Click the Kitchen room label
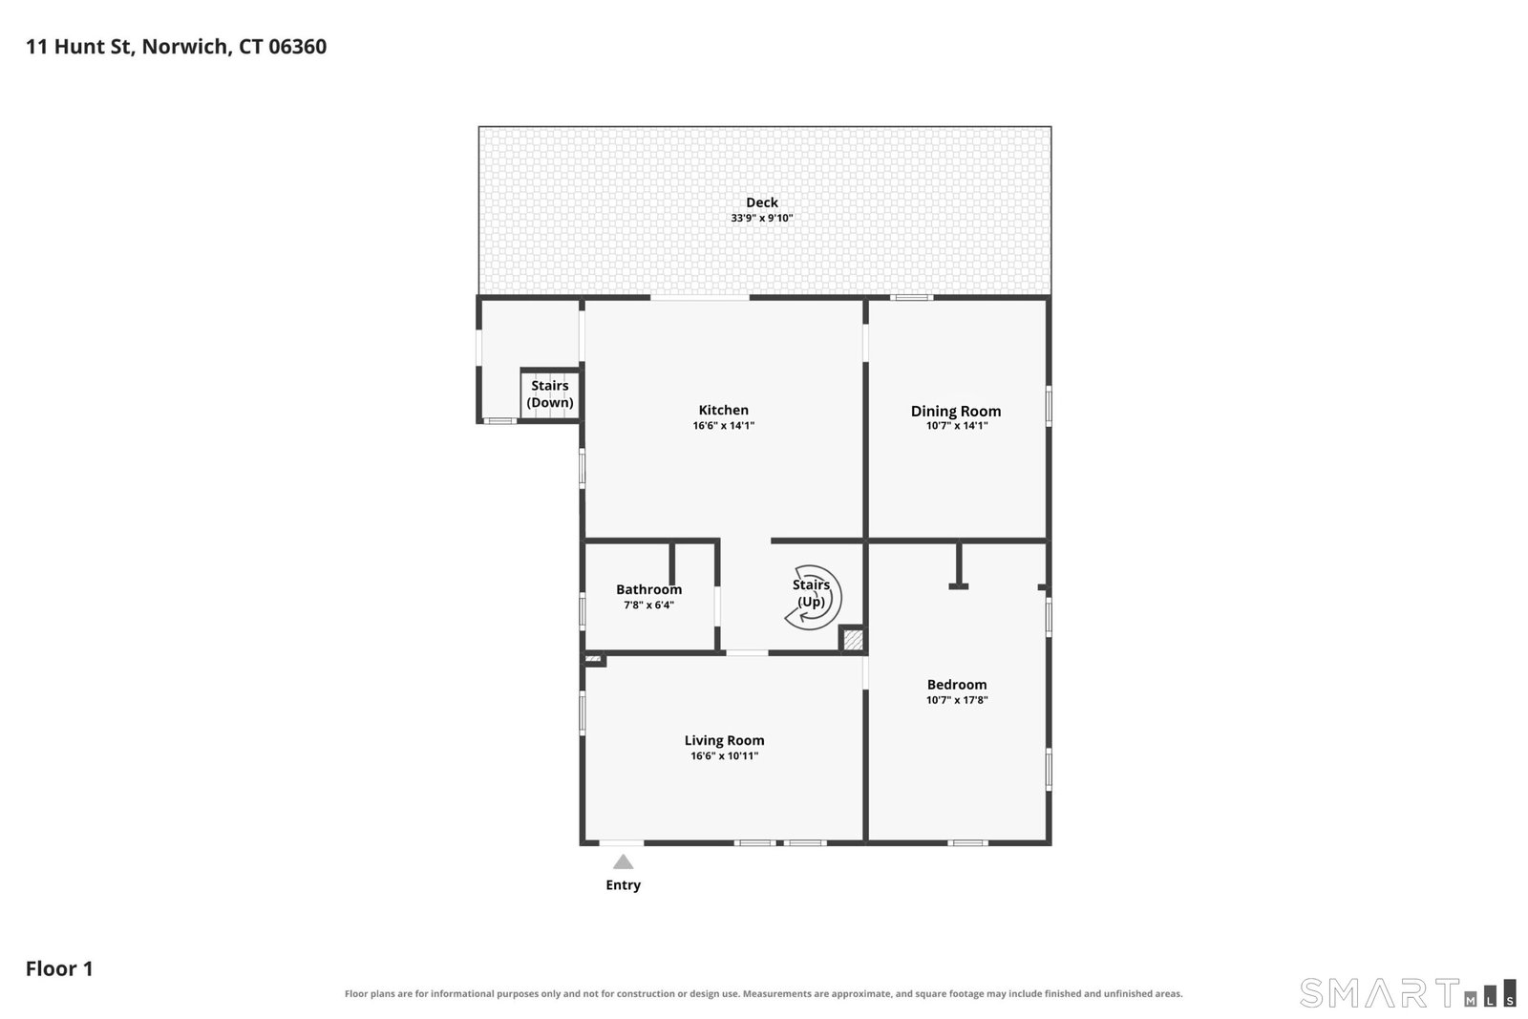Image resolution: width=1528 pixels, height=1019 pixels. click(723, 410)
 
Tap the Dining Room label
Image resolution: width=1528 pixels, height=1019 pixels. click(956, 411)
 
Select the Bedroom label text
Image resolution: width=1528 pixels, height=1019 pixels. click(956, 684)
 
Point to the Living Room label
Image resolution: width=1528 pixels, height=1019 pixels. click(724, 740)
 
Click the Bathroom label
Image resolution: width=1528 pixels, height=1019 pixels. click(648, 589)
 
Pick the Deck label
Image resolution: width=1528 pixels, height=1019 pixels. click(762, 202)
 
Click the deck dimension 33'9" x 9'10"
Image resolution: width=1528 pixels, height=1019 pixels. click(762, 219)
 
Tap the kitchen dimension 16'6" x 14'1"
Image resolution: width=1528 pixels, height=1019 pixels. click(723, 426)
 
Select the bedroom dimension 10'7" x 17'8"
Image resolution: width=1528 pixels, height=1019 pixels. click(956, 700)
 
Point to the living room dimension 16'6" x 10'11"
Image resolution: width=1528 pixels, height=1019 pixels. click(724, 755)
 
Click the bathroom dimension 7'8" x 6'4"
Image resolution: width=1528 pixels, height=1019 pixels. click(648, 605)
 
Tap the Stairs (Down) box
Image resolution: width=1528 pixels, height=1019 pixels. click(550, 394)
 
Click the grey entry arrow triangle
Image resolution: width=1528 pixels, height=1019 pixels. click(623, 862)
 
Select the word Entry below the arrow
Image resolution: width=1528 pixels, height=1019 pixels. click(623, 884)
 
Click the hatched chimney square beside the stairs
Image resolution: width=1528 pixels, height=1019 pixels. click(853, 640)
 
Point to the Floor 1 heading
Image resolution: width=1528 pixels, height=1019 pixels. click(59, 968)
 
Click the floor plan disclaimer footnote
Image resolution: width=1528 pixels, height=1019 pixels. click(763, 994)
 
